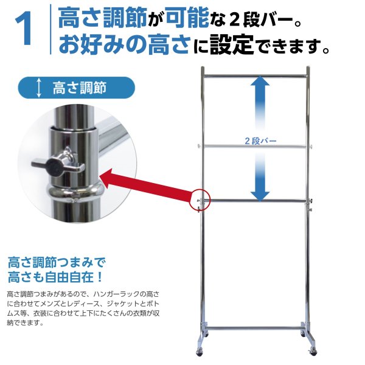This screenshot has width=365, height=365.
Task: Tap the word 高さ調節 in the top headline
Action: [101, 19]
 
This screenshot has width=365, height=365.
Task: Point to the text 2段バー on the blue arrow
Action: [260, 141]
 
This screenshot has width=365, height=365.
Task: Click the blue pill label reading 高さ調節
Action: [76, 88]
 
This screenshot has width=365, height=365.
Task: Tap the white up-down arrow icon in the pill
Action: [40, 88]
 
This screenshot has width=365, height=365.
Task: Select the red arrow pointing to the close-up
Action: [146, 186]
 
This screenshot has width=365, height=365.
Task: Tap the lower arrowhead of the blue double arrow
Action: [260, 193]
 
